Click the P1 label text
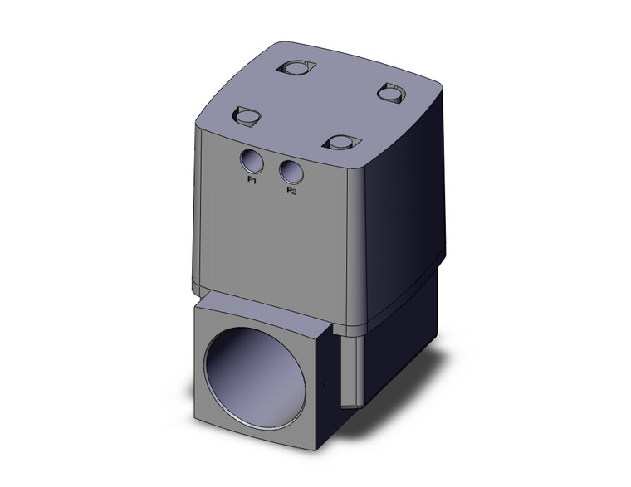tap(252, 179)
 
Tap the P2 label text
tap(291, 192)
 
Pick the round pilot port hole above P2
tap(291, 172)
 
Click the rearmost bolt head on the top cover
tap(298, 67)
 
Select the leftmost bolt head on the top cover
tap(247, 117)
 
